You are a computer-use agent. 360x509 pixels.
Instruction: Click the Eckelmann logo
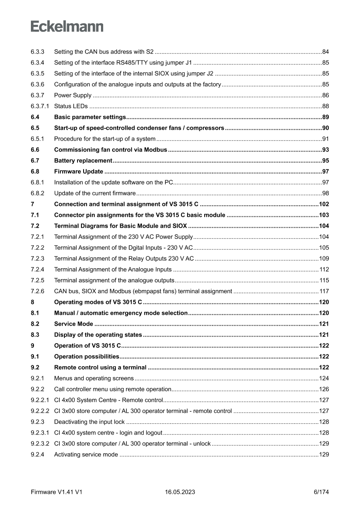click(x=67, y=27)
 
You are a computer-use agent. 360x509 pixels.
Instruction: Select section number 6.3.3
click(x=37, y=52)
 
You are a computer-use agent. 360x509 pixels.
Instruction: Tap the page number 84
click(x=325, y=52)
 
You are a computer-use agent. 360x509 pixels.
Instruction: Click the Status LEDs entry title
click(x=71, y=106)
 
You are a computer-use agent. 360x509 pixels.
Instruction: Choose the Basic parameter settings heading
click(x=90, y=117)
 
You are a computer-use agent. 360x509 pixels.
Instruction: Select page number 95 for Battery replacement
click(x=325, y=161)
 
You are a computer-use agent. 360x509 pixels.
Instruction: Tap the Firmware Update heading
click(x=79, y=172)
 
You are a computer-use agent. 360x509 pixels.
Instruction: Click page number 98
click(x=325, y=193)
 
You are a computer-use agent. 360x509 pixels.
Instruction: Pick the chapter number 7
click(x=33, y=204)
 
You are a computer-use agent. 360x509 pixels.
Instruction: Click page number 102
click(x=324, y=204)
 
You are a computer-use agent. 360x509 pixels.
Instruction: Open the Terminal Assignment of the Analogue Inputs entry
click(x=113, y=270)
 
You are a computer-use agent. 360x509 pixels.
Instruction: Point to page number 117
click(x=324, y=291)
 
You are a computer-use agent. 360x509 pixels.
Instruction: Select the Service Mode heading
click(x=74, y=324)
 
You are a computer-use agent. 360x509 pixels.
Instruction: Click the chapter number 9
click(x=33, y=346)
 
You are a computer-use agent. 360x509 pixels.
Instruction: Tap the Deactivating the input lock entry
click(x=89, y=422)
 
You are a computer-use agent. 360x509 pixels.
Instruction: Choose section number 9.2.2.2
click(x=40, y=411)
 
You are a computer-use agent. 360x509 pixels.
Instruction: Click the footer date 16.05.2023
click(x=180, y=492)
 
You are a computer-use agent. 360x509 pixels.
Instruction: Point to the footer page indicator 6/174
click(x=321, y=492)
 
